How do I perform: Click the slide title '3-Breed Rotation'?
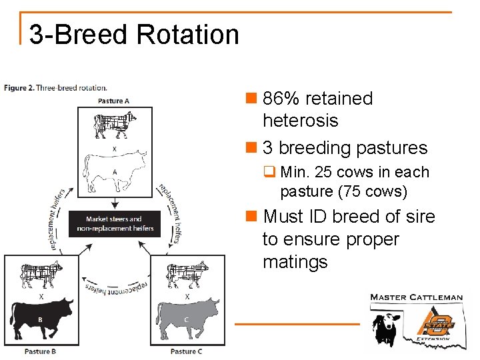pos(134,34)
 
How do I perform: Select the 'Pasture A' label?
pos(114,101)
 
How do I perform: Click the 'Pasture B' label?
pos(40,351)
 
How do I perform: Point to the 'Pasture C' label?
pos(187,351)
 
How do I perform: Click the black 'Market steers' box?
pos(115,223)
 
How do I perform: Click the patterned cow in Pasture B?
pos(41,274)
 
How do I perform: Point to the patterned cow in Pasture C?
pos(187,274)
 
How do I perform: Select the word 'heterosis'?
pos(300,121)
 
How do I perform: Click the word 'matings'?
pos(295,261)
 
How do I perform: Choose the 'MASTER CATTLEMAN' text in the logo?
pos(416,297)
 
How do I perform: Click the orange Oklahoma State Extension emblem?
pos(437,323)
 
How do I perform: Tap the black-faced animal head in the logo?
pos(385,327)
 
